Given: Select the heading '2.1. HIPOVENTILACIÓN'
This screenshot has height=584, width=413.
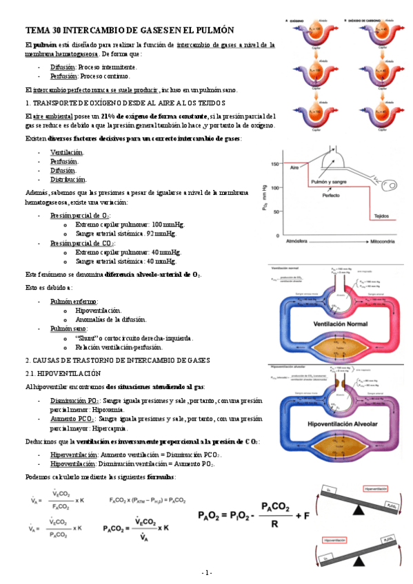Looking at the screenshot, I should [x=63, y=373].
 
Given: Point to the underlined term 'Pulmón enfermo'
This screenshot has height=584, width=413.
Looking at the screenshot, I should [x=72, y=301].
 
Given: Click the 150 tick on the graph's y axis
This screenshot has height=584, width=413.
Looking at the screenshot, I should [x=274, y=163].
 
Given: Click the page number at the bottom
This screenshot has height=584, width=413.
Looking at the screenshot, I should [x=207, y=573].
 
